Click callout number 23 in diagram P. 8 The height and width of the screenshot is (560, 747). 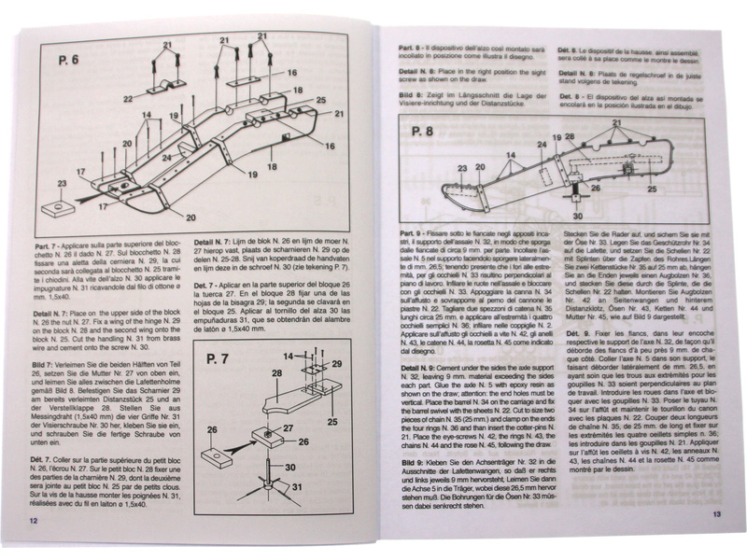(x=461, y=169)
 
